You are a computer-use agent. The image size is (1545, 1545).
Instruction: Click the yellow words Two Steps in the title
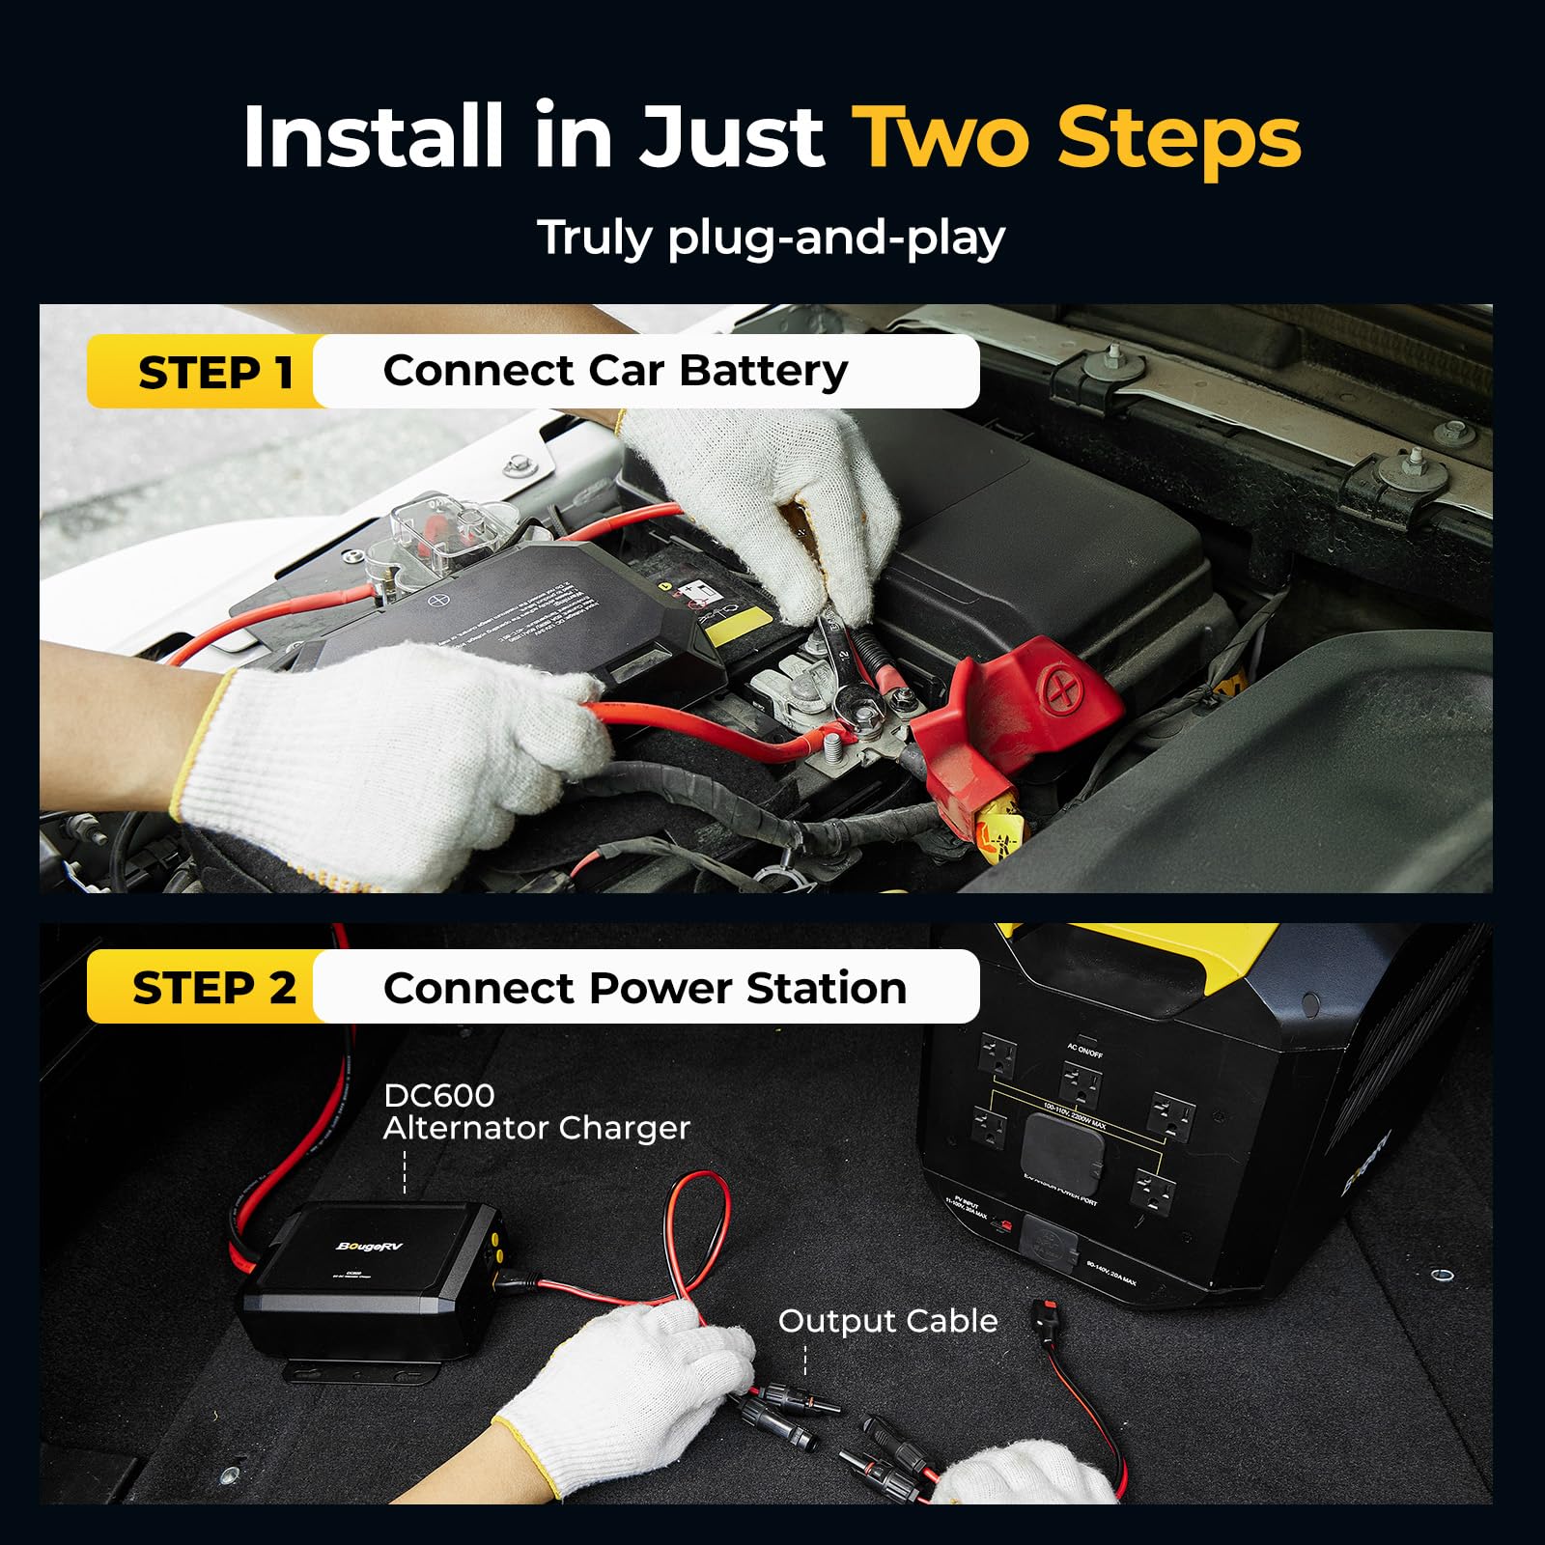1077,137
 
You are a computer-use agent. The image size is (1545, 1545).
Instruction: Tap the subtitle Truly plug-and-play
771,238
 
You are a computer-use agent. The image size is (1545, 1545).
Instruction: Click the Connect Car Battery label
615,372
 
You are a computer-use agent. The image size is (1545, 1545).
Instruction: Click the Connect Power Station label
644,988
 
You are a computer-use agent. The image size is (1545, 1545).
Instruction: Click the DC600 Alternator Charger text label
536,1111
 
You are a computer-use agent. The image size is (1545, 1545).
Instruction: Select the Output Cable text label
887,1321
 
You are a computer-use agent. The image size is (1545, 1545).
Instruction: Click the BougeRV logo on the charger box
369,1247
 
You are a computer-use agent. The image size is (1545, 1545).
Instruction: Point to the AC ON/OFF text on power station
1084,1050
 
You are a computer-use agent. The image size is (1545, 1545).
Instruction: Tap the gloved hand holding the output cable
637,1381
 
